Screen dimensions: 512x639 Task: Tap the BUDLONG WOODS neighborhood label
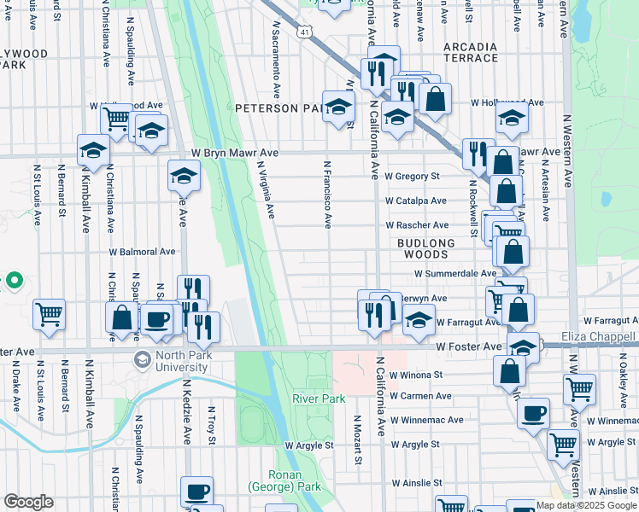[427, 243]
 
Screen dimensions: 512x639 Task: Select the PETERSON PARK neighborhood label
[278, 108]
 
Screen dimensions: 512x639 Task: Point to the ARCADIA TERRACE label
[471, 51]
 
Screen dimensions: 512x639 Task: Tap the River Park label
[318, 399]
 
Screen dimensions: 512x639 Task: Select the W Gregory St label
[412, 177]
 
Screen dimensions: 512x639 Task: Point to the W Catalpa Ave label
[416, 201]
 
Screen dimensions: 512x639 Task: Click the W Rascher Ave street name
[417, 225]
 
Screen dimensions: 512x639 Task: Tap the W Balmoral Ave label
[143, 252]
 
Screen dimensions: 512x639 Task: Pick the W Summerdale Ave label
[455, 274]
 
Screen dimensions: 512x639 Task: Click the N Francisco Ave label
[327, 194]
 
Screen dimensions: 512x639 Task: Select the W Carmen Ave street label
[420, 396]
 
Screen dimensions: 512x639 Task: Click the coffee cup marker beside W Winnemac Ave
[533, 412]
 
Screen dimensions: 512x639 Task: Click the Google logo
[28, 502]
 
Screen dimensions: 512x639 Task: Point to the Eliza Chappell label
[599, 338]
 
